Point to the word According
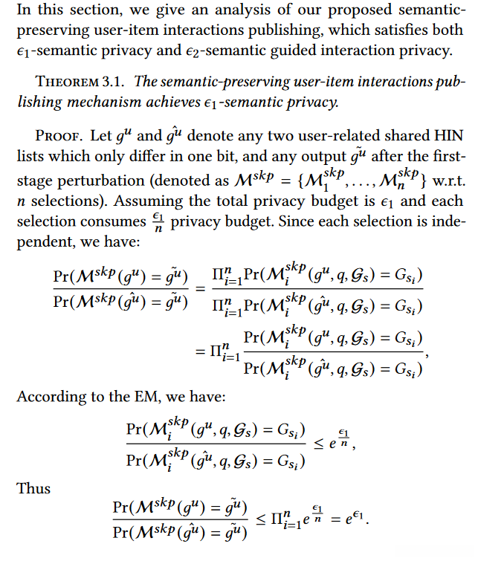(x=48, y=396)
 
